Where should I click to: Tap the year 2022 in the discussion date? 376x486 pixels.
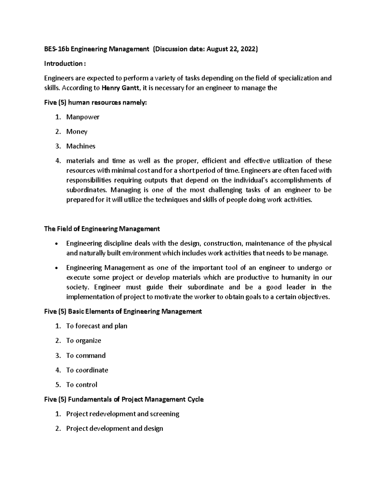click(x=248, y=49)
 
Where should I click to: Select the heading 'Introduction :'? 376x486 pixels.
click(x=65, y=64)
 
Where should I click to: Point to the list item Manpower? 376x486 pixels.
click(x=83, y=117)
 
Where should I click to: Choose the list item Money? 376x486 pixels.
click(x=77, y=132)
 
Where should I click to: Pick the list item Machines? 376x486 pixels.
click(x=81, y=146)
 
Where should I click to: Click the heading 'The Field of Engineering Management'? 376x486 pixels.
click(x=102, y=229)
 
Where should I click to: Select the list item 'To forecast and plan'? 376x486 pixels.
click(x=97, y=326)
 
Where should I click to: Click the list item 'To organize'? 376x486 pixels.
click(x=84, y=340)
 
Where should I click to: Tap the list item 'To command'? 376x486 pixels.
click(x=86, y=356)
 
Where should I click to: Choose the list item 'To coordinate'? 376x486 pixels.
click(x=87, y=370)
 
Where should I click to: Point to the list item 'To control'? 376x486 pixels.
click(x=82, y=385)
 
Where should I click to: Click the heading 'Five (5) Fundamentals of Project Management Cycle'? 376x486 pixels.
click(x=124, y=400)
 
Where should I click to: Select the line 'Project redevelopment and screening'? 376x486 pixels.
click(x=123, y=414)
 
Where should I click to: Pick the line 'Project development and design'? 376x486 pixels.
click(x=114, y=428)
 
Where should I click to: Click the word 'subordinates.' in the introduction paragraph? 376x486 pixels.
click(x=86, y=190)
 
